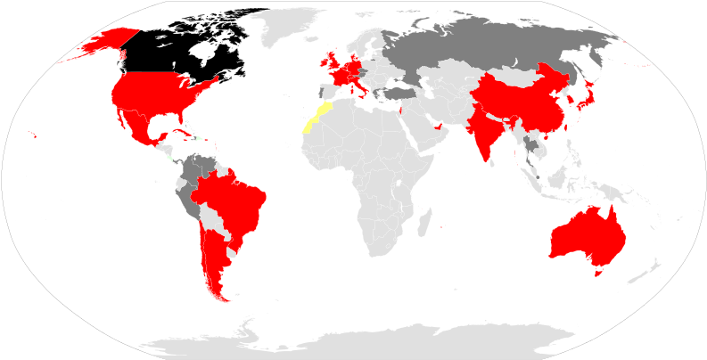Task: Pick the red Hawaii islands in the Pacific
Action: [34, 135]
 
